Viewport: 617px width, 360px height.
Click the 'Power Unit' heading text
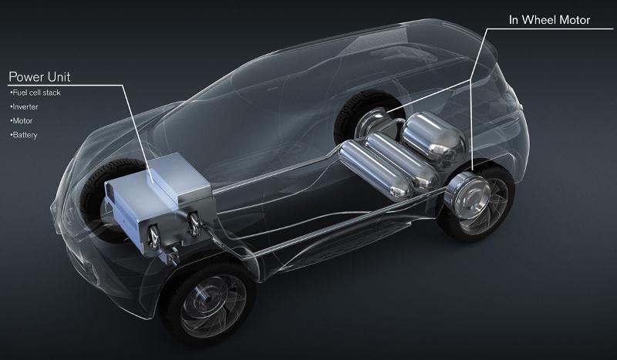pyautogui.click(x=39, y=77)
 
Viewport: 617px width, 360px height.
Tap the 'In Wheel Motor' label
pyautogui.click(x=549, y=20)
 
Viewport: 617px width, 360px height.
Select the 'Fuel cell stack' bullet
pyautogui.click(x=35, y=93)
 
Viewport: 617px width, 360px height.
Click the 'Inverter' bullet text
pyautogui.click(x=25, y=107)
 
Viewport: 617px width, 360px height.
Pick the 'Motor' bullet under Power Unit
pyautogui.click(x=22, y=121)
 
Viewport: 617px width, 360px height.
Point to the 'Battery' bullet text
pyautogui.click(x=24, y=135)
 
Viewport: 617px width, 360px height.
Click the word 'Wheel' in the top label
pyautogui.click(x=541, y=20)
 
